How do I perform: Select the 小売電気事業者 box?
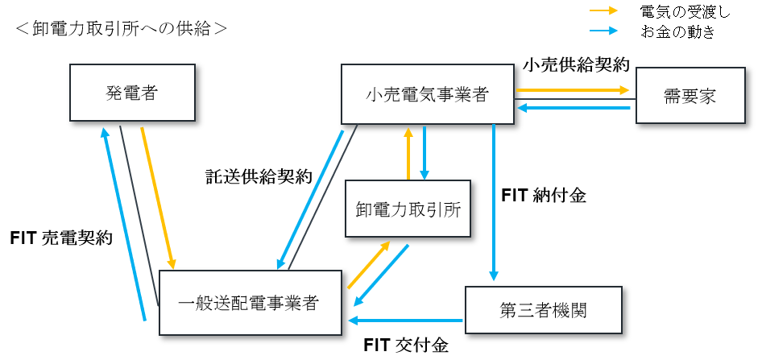(x=426, y=94)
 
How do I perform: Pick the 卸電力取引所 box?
(x=408, y=209)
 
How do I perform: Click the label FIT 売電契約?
(x=61, y=238)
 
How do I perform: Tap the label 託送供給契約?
(x=258, y=178)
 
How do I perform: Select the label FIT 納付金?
(x=544, y=194)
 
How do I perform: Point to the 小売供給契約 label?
(x=575, y=64)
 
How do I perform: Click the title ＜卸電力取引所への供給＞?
(x=121, y=28)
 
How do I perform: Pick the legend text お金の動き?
(x=677, y=32)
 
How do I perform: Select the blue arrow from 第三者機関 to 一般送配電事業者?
(x=407, y=321)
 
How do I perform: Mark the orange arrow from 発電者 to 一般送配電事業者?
(x=158, y=197)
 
